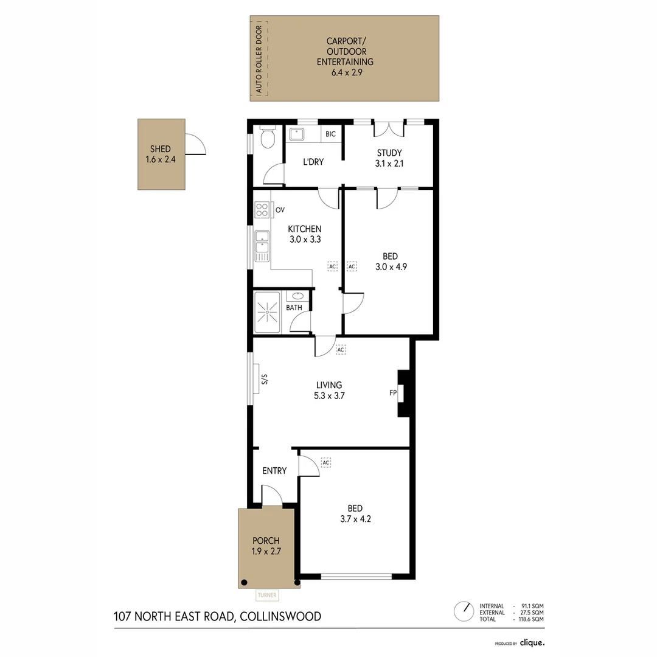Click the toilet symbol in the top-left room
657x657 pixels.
coord(267,139)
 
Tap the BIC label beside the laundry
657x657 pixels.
coord(330,134)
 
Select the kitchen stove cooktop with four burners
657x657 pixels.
coord(262,210)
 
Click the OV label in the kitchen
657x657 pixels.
coord(280,210)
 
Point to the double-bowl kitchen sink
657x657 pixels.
coord(262,246)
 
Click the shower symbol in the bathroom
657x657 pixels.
coord(267,312)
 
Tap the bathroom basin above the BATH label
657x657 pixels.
coord(297,296)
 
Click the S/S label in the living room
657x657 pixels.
coord(265,380)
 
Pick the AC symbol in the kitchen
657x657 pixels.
coord(332,266)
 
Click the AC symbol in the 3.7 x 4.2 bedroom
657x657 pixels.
coord(326,463)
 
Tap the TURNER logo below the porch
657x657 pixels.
coord(266,596)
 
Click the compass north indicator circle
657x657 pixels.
coord(464,610)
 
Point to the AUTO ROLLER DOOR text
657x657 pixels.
coord(259,59)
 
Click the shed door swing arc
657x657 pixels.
coord(196,144)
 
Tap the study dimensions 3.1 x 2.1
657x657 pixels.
coord(389,163)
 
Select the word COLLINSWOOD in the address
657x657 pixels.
coord(279,617)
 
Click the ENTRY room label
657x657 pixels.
coord(274,471)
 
